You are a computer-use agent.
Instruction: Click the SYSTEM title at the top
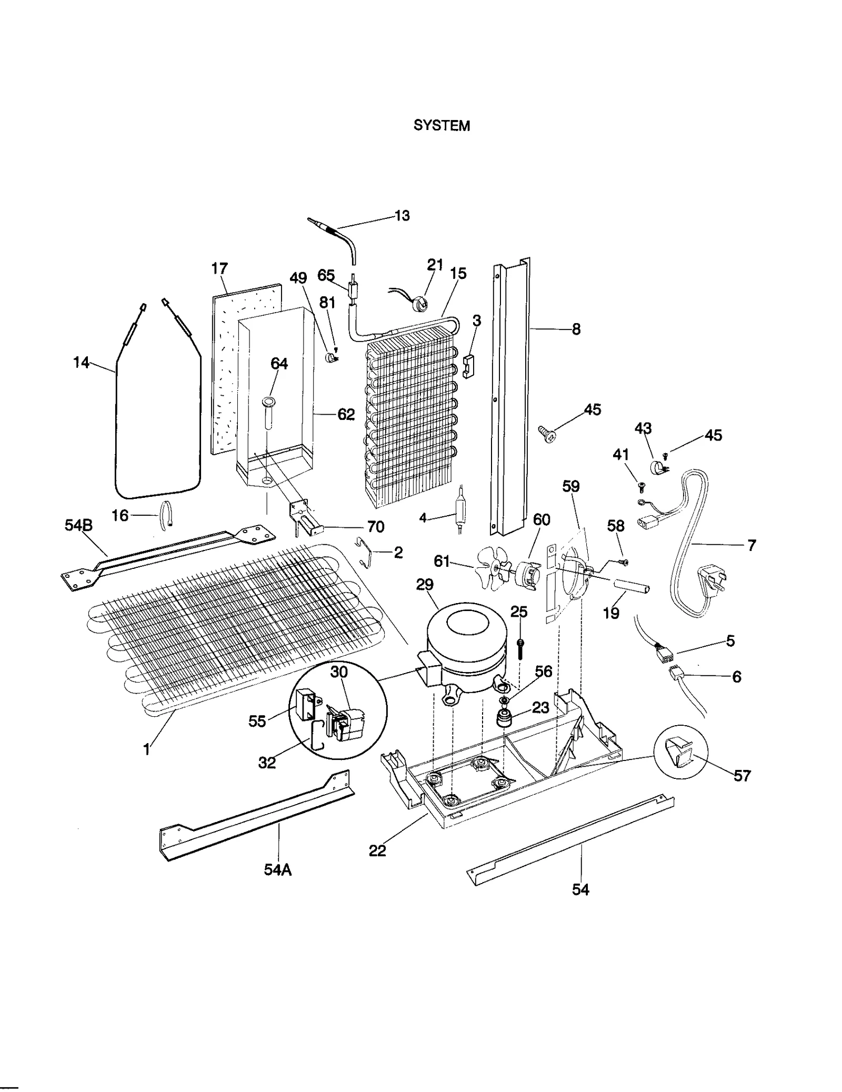(441, 125)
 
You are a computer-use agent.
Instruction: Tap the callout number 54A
(277, 869)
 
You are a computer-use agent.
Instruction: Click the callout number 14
(81, 362)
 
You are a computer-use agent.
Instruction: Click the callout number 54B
(78, 525)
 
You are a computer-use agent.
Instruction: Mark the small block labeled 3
(468, 366)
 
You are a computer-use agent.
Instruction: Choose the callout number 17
(219, 268)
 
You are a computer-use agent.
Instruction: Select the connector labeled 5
(663, 654)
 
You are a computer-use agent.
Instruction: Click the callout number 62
(346, 414)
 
